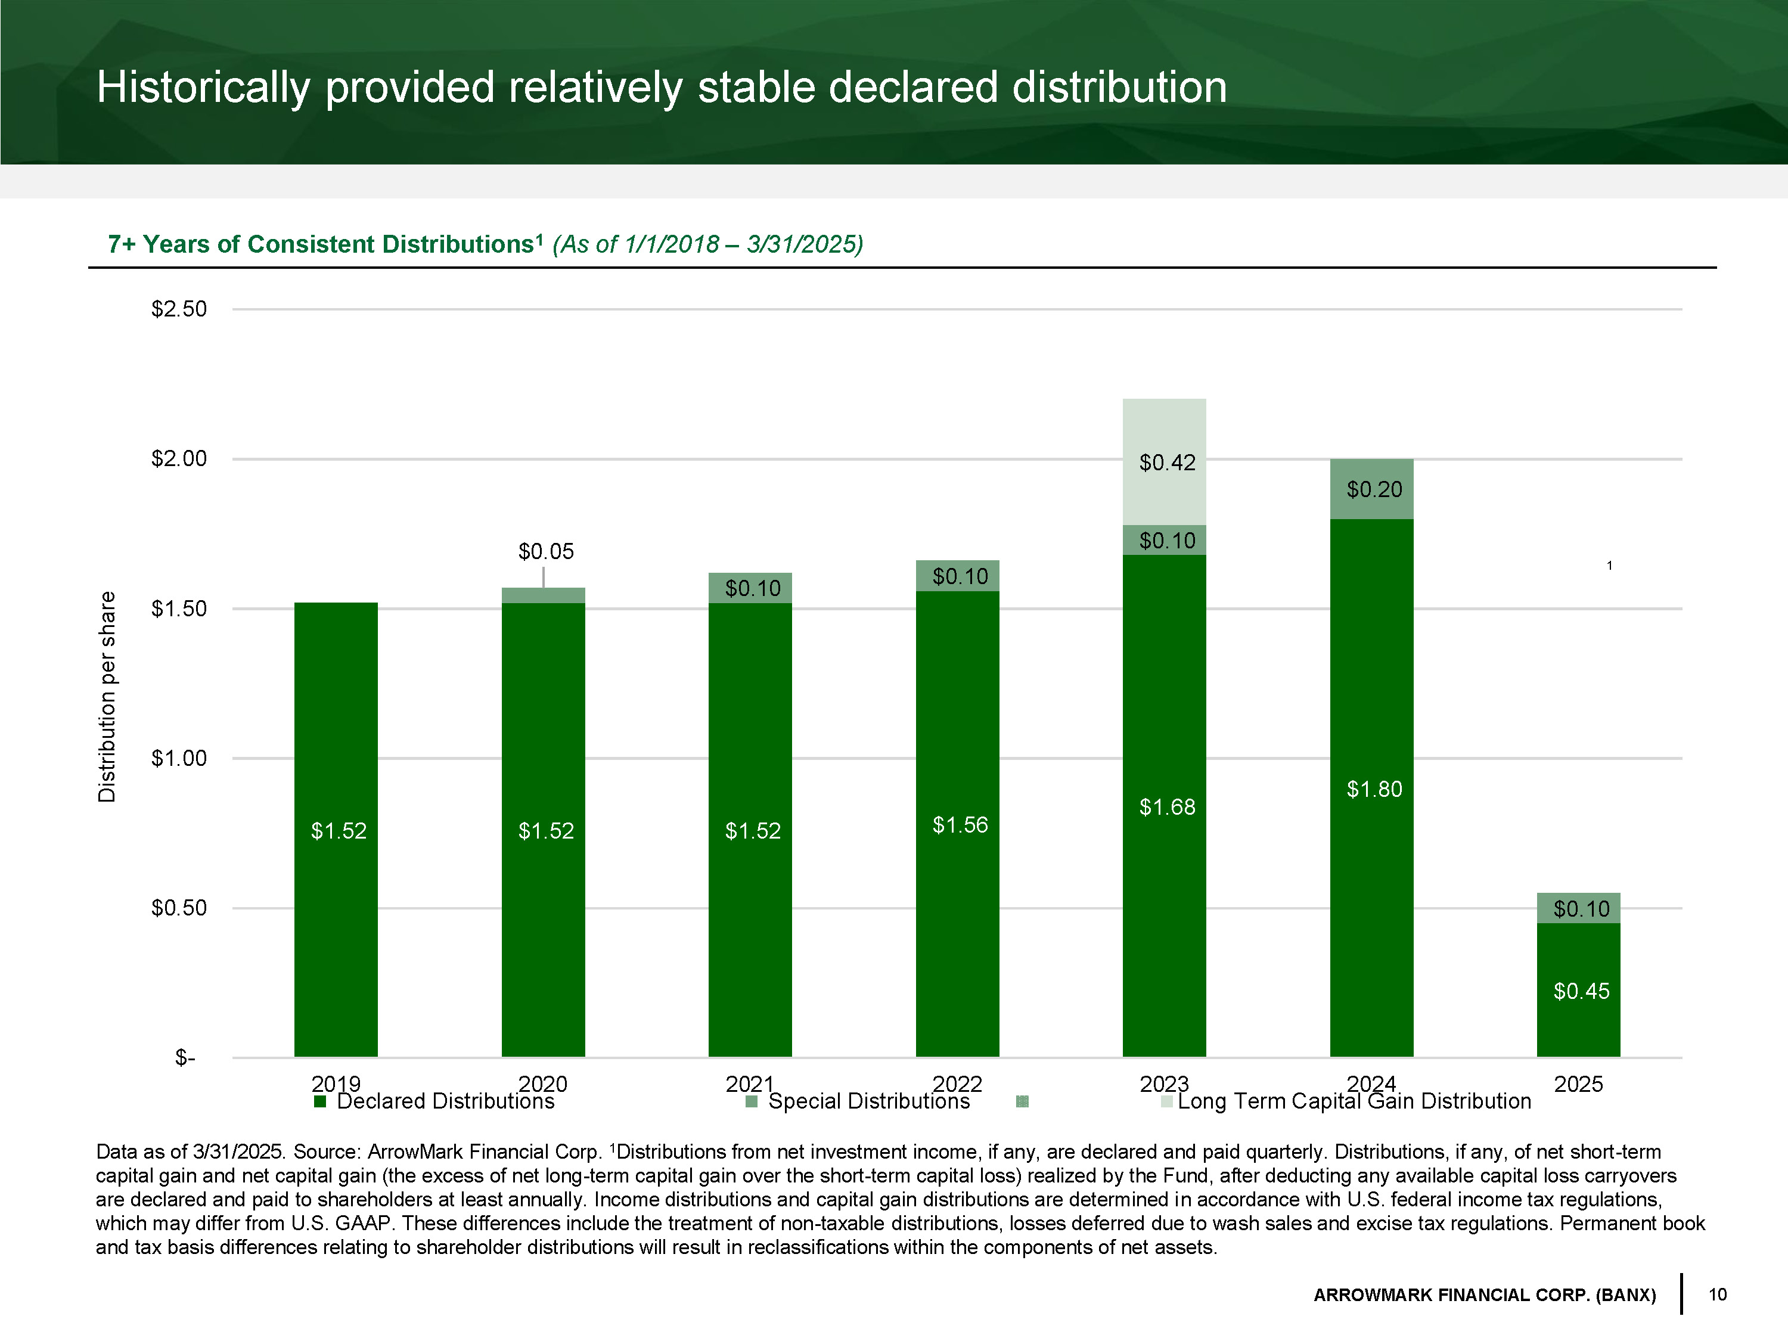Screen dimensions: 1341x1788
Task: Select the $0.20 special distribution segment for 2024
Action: (x=1372, y=489)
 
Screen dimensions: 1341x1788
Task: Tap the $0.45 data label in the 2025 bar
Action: (x=1581, y=991)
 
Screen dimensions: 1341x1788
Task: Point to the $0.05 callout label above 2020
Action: (x=545, y=552)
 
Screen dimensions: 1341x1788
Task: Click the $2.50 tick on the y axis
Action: (x=179, y=309)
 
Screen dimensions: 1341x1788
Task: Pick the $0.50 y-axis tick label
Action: (x=179, y=908)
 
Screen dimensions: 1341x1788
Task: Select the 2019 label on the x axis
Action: (x=336, y=1083)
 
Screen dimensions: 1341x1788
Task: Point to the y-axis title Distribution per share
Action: (x=107, y=697)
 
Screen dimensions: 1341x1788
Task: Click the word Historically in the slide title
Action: (x=202, y=87)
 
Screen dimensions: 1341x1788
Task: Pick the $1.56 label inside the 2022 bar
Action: (x=960, y=824)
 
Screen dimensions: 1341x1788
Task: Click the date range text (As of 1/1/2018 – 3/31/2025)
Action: (x=707, y=244)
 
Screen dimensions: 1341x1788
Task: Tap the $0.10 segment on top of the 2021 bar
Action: (x=751, y=588)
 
